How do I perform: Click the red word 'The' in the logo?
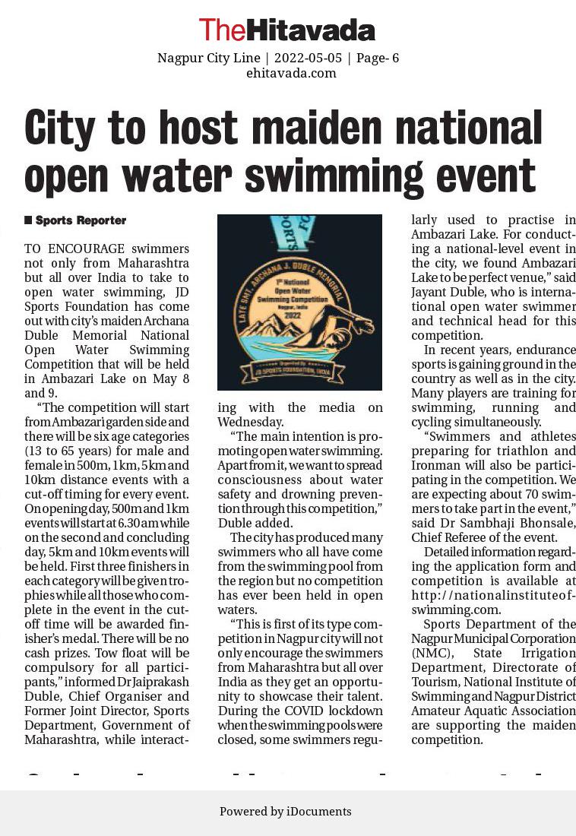click(221, 30)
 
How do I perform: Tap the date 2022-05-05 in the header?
click(308, 59)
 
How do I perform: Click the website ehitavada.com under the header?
click(291, 73)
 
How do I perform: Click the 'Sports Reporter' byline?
click(81, 220)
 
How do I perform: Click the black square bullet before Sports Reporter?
click(28, 220)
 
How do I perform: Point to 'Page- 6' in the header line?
click(378, 59)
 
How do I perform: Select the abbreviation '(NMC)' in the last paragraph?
click(430, 654)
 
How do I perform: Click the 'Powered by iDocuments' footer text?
click(286, 811)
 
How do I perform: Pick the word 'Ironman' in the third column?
click(435, 465)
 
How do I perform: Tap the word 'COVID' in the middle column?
click(286, 711)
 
